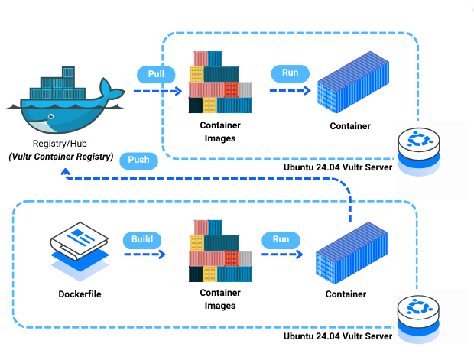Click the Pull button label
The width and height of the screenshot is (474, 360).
(x=156, y=74)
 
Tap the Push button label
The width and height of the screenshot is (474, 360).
(x=141, y=161)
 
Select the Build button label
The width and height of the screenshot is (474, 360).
(x=142, y=238)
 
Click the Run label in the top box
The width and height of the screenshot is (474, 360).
(x=291, y=73)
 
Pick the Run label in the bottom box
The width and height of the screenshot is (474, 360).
(x=281, y=239)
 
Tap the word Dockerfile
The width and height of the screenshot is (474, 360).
(x=80, y=294)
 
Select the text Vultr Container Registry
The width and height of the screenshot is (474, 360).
(x=61, y=157)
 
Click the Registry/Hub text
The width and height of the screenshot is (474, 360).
(x=61, y=144)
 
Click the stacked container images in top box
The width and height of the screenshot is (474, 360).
(x=220, y=83)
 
